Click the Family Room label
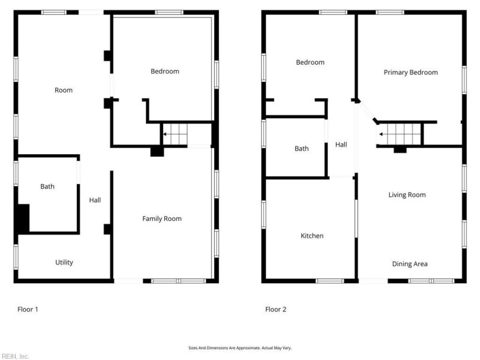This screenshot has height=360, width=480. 161,218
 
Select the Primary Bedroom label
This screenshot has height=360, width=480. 410,72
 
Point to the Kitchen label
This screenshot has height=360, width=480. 312,236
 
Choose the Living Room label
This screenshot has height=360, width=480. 407,194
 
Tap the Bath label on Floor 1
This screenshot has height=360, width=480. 47,187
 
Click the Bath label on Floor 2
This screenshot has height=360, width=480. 301,148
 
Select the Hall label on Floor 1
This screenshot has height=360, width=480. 95,200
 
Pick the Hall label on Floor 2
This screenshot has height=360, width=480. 341,145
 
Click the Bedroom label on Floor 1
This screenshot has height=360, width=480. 164,71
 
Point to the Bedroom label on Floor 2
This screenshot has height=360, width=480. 310,62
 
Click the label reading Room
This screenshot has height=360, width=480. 64,90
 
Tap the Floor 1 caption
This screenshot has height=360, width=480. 28,310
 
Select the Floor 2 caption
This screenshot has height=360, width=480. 276,310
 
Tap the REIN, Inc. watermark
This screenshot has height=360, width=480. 15,356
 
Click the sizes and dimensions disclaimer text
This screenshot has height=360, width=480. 240,347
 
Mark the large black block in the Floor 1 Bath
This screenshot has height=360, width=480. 22,219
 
